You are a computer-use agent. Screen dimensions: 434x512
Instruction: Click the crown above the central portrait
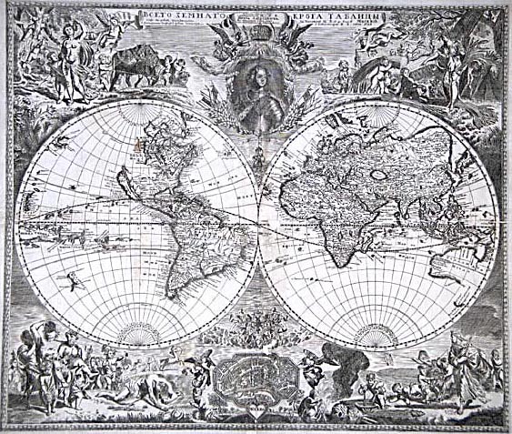256,39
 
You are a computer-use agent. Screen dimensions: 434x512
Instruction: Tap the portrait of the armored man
256,97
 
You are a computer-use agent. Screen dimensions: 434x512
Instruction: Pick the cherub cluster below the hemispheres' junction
255,329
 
